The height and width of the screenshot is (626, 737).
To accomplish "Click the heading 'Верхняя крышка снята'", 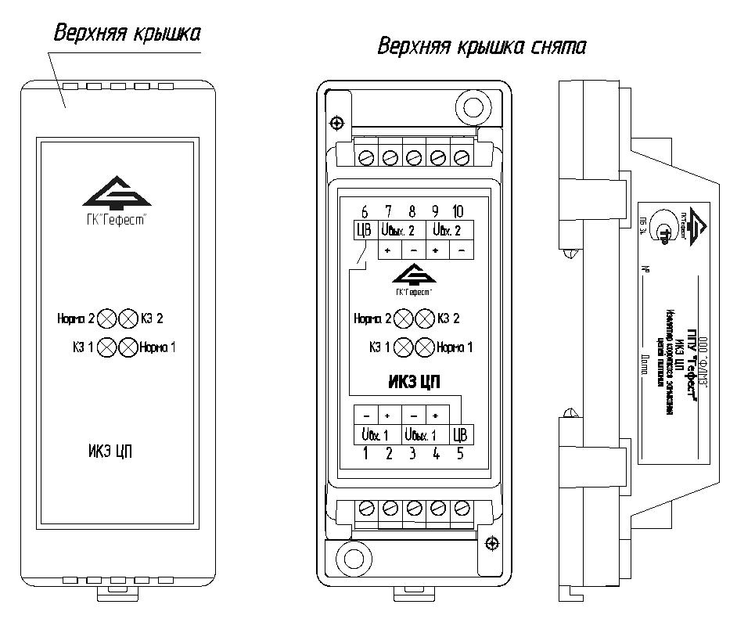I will pyautogui.click(x=481, y=47).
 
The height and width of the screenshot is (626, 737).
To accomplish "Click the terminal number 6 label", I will pyautogui.click(x=364, y=211).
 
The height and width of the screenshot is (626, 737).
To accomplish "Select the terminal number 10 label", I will pyautogui.click(x=458, y=211).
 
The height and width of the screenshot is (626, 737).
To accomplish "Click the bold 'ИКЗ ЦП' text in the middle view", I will pyautogui.click(x=414, y=382).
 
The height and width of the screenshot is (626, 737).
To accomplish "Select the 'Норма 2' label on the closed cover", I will pyautogui.click(x=75, y=319).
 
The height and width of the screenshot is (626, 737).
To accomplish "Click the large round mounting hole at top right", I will pyautogui.click(x=473, y=105).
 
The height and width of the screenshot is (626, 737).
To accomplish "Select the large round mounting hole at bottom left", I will pyautogui.click(x=349, y=558).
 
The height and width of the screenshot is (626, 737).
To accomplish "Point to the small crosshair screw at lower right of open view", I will pyautogui.click(x=491, y=543).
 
